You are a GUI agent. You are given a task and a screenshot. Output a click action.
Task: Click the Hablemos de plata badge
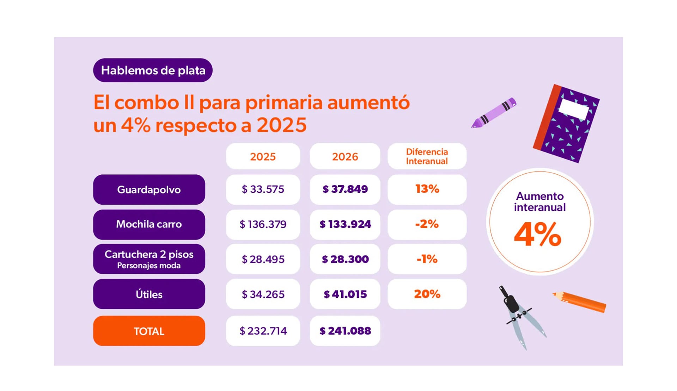[153, 70]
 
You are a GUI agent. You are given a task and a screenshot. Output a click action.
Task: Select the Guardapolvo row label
[149, 190]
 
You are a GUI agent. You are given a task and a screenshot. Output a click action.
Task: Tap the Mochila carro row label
[149, 224]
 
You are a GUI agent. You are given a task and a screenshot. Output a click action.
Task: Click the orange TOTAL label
[149, 331]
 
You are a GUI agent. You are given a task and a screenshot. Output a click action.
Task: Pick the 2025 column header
[263, 156]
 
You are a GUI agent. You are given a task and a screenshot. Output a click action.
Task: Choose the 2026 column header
[345, 156]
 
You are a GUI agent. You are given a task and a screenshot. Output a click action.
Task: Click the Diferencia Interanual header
[427, 156]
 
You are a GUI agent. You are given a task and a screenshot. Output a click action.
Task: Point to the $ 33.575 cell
[263, 190]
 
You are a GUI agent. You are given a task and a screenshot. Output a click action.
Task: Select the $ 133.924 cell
[345, 224]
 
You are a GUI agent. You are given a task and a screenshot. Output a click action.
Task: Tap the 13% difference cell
[427, 189]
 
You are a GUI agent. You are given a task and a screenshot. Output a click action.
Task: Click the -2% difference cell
[427, 224]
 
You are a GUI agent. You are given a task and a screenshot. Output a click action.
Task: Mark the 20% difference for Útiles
[427, 294]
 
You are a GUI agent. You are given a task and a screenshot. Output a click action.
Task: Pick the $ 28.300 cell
[345, 259]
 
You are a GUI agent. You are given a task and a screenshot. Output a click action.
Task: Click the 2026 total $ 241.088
[345, 331]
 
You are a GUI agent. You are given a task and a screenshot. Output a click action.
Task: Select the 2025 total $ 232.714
[263, 331]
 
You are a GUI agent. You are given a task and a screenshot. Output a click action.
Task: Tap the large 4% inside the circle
[537, 234]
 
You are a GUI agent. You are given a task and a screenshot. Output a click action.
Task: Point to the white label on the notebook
[574, 109]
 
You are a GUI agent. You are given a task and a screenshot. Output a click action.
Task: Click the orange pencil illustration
[580, 302]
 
